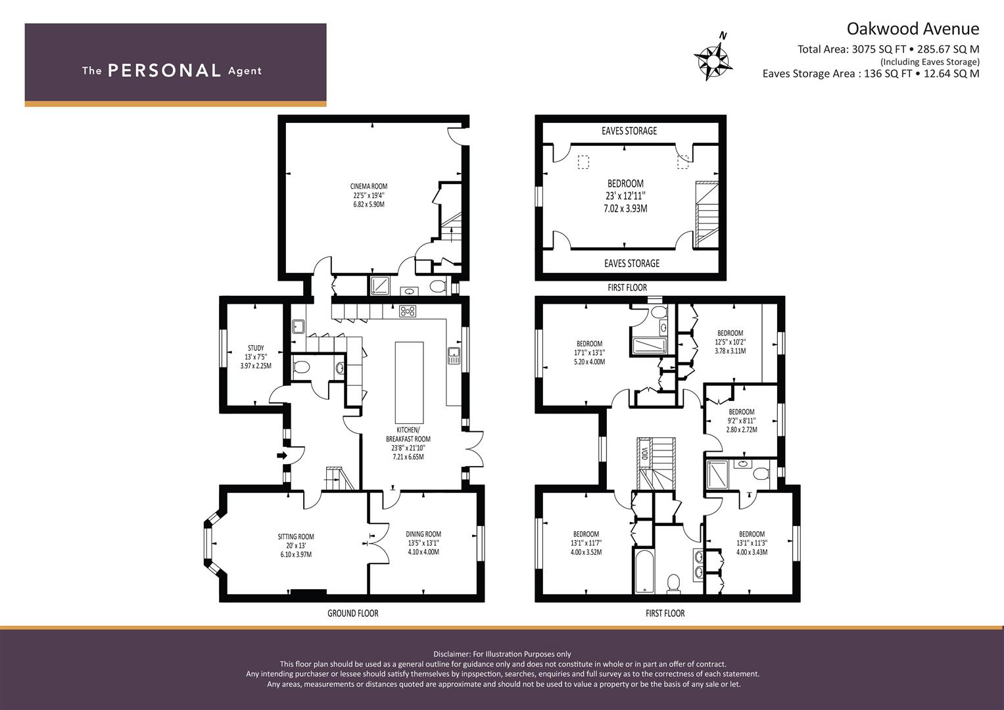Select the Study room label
256,348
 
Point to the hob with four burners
408,312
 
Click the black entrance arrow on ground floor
281,455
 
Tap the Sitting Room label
295,537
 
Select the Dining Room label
423,534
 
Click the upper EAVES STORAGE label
629,131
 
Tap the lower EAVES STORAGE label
631,264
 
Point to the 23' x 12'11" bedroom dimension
625,196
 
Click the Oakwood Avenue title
912,29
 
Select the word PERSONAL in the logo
164,71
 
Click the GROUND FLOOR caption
352,613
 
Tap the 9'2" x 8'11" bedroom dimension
741,421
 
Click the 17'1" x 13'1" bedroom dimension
589,353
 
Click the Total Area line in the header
888,49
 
